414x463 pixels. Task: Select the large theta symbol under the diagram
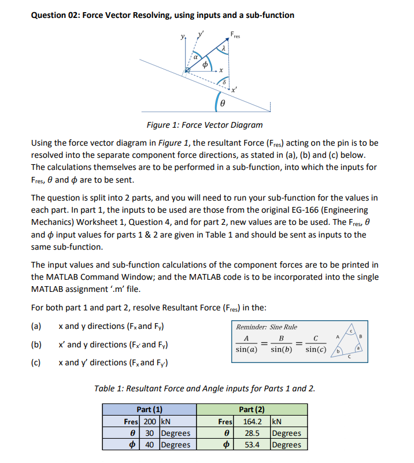223,103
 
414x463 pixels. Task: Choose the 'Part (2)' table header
252,409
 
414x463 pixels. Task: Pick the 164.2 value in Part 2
252,421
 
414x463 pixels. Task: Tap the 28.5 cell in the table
252,433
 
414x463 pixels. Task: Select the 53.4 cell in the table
252,445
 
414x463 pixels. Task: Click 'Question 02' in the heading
54,15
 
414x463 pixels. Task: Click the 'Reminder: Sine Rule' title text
267,327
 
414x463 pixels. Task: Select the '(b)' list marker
36,345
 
